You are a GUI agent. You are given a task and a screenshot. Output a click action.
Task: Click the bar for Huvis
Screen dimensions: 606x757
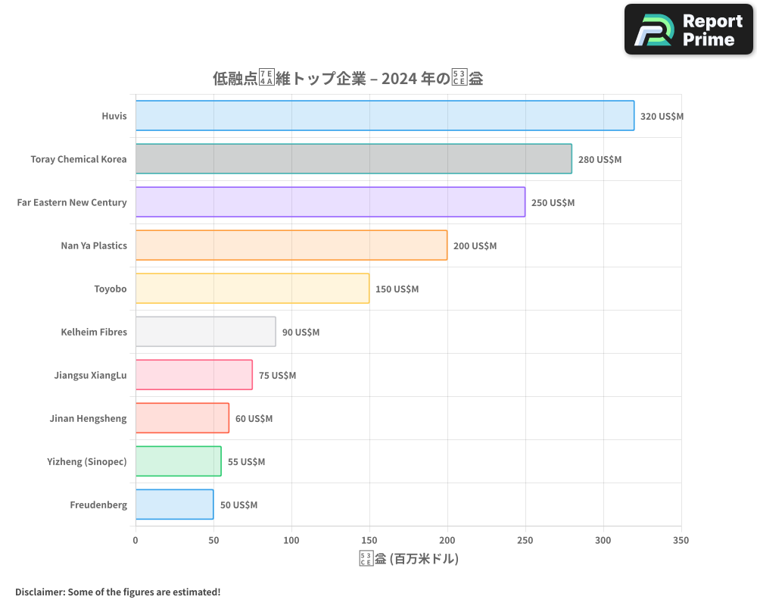click(x=385, y=116)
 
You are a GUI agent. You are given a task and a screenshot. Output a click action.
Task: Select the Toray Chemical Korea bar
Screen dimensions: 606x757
click(x=354, y=159)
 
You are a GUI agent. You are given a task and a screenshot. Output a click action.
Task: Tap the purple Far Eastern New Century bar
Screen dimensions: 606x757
click(x=330, y=202)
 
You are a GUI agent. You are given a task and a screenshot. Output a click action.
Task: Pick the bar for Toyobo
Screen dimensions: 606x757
click(x=252, y=289)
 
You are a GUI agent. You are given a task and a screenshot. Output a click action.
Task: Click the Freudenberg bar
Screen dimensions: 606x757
click(x=174, y=504)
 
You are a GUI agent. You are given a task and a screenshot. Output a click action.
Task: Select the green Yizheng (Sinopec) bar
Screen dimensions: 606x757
click(x=178, y=461)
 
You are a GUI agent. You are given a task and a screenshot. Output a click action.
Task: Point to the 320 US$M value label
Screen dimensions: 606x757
click(x=662, y=117)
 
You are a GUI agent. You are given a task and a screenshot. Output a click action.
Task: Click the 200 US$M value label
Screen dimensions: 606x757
click(x=475, y=246)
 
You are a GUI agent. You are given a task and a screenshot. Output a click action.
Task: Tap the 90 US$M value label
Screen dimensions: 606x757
click(x=301, y=333)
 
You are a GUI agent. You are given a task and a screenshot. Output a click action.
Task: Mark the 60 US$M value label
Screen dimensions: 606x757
click(x=254, y=419)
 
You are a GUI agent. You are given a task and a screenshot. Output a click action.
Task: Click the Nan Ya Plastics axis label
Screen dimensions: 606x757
click(x=94, y=245)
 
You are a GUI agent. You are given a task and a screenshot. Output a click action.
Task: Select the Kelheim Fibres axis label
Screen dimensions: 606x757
click(x=94, y=332)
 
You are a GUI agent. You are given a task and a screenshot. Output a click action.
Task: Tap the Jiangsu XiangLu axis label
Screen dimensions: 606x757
click(x=91, y=375)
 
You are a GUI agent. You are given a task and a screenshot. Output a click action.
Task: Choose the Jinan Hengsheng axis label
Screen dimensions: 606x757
click(x=88, y=418)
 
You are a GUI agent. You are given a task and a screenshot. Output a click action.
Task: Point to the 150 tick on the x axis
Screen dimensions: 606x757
click(x=369, y=540)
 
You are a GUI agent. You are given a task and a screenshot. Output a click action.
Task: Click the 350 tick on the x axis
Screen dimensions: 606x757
click(x=681, y=540)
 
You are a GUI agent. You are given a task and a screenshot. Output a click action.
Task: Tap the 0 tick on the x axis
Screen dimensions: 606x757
click(x=136, y=540)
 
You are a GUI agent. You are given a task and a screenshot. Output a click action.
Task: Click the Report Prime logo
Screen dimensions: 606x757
click(x=688, y=30)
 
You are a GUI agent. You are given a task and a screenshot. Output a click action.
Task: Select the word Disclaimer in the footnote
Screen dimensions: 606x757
click(x=39, y=592)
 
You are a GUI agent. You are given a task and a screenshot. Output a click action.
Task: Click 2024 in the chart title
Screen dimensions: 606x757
click(x=398, y=78)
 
